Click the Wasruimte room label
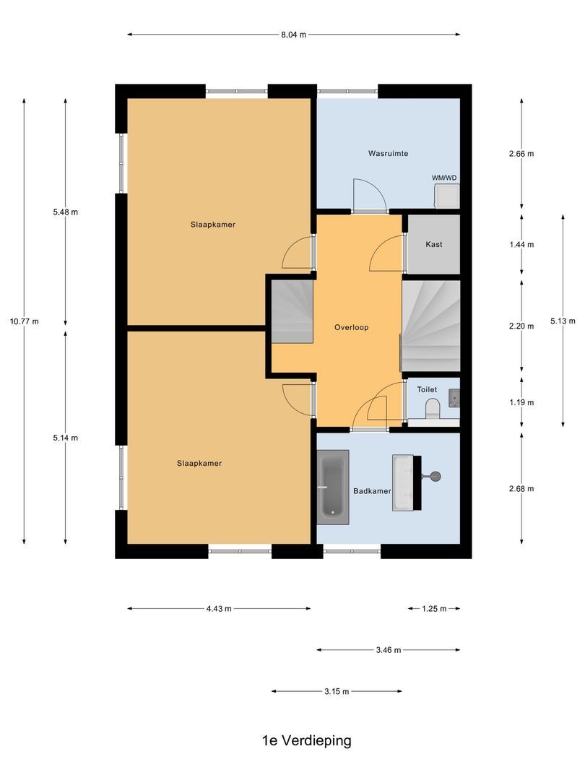(388, 154)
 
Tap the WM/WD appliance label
(444, 178)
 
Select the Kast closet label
(433, 244)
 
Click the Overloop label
(351, 327)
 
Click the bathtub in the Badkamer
(333, 484)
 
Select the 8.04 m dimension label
(293, 34)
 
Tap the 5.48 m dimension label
(65, 212)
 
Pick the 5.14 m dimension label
(65, 438)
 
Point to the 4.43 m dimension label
(218, 609)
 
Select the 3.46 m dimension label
(388, 650)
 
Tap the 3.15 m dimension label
(336, 692)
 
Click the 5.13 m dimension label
(563, 321)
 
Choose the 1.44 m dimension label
(521, 244)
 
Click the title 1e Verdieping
(306, 740)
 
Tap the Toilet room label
(427, 389)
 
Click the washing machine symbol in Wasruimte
(447, 195)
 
